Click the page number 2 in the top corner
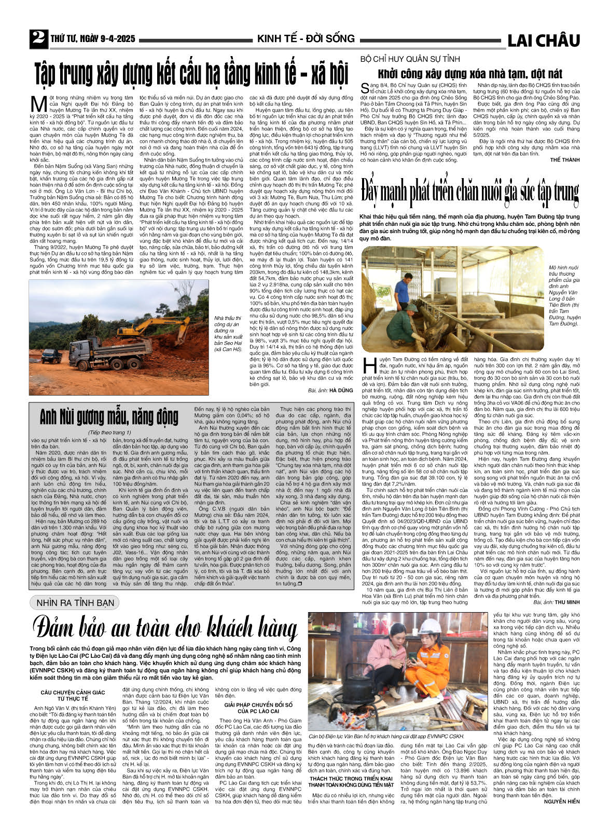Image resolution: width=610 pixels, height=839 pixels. (38, 38)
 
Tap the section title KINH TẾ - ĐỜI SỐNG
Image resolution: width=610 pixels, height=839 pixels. (306, 39)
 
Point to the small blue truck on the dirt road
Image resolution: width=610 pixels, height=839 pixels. (51, 356)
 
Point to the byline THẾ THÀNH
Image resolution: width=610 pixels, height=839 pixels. (565, 160)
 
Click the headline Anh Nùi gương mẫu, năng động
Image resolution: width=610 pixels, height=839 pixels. (108, 417)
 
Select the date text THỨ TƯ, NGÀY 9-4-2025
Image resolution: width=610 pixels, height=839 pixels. (93, 39)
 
